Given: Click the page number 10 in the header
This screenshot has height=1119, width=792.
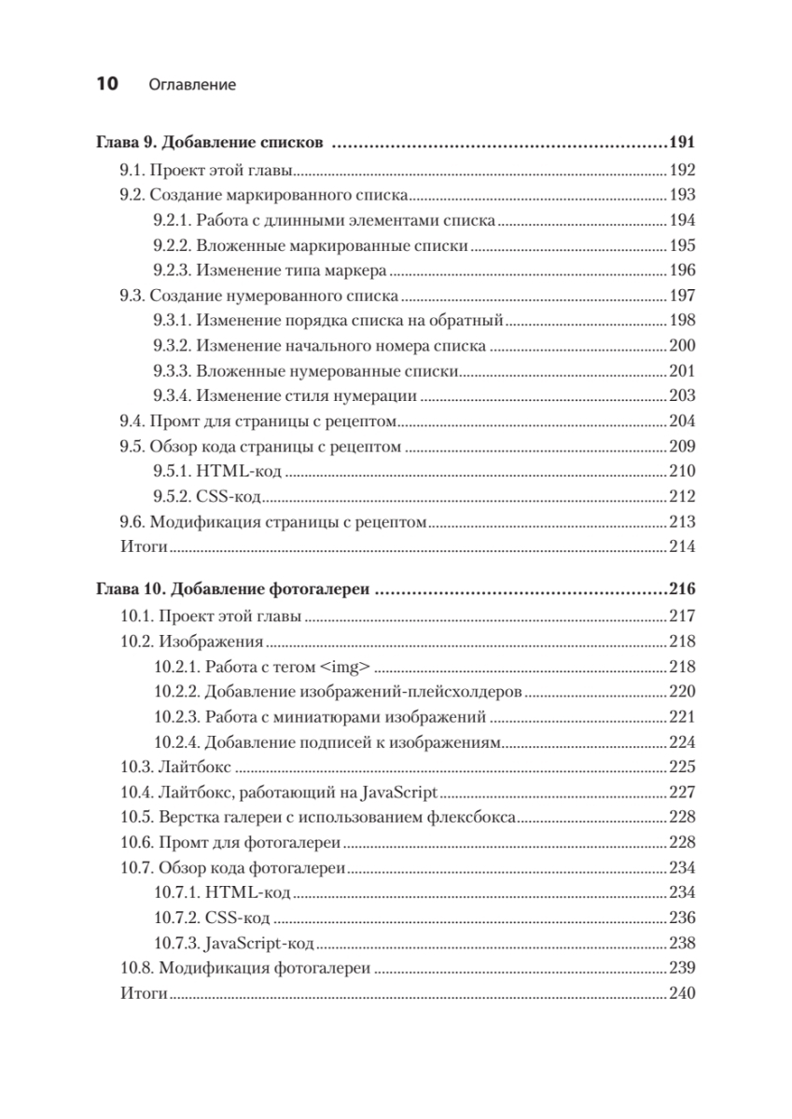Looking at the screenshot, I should (106, 84).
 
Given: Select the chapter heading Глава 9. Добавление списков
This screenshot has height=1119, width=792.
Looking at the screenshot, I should (210, 144).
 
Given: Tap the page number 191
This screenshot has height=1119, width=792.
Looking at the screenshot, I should (683, 144).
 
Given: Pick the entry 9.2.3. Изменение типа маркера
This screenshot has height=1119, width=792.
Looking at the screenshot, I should (270, 271).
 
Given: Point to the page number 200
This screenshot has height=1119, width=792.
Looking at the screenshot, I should (683, 346).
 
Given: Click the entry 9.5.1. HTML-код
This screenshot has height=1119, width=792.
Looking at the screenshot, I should (216, 472).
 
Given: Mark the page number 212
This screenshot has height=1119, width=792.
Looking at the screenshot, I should (683, 497).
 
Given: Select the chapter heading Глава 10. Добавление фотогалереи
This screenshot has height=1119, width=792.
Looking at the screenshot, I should (234, 589).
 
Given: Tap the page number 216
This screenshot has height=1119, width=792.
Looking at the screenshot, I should (683, 589).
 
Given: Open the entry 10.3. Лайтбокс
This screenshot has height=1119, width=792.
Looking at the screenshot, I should (176, 768).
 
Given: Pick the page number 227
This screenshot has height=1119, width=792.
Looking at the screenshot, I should (683, 794).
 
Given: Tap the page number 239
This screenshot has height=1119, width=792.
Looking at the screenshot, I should (683, 969).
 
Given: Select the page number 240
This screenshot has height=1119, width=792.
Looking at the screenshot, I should (683, 994).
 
